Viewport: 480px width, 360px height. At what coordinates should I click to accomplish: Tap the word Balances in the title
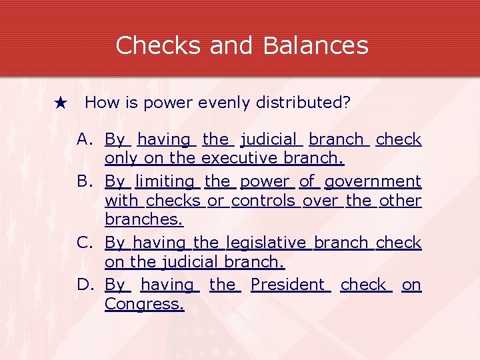(x=315, y=45)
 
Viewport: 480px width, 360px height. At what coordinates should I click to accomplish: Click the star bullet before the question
(x=61, y=103)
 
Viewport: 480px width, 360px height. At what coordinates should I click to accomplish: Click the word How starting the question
(x=99, y=103)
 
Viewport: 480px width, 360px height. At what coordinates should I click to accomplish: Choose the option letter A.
(x=84, y=139)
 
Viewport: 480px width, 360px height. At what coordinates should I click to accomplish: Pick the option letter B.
(x=84, y=181)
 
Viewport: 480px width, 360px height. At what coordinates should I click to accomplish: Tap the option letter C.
(x=84, y=243)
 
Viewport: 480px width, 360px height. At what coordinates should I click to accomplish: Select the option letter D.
(x=85, y=285)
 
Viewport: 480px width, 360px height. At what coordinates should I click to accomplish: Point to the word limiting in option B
(x=165, y=181)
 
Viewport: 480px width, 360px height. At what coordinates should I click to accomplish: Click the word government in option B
(x=373, y=181)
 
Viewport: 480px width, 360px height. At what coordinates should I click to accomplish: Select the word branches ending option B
(x=143, y=219)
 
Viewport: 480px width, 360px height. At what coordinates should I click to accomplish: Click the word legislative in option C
(x=266, y=243)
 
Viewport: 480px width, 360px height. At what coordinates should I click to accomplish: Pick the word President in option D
(x=290, y=285)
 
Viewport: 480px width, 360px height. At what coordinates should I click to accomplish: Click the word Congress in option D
(x=143, y=304)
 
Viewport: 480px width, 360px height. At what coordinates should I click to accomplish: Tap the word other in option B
(x=400, y=201)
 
